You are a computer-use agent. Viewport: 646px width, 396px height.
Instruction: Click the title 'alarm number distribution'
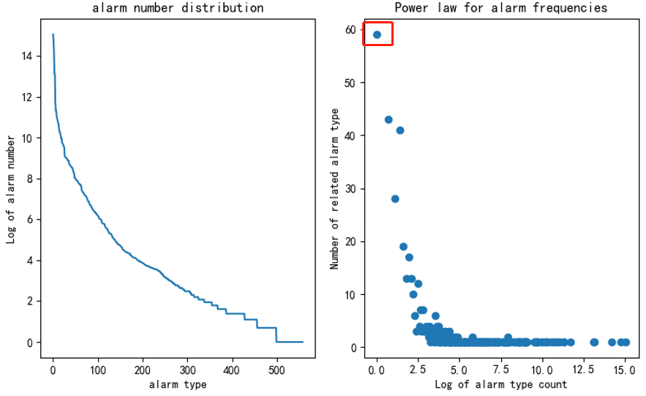[x=178, y=9]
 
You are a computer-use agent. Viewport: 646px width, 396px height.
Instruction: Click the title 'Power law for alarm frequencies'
[x=501, y=9]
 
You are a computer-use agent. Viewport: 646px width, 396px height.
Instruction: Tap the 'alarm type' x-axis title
[x=178, y=384]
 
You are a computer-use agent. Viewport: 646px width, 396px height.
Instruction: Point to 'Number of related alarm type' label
[x=335, y=188]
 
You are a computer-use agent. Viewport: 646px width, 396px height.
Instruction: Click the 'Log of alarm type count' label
[x=501, y=384]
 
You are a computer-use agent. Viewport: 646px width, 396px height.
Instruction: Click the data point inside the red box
[x=377, y=34]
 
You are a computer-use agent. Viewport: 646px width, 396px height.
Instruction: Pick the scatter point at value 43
[x=388, y=119]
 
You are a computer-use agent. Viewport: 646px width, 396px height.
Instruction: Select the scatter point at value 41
[x=400, y=130]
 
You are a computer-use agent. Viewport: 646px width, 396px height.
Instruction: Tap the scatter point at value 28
[x=395, y=199]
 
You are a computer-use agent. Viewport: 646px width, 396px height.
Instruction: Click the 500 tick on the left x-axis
[x=277, y=370]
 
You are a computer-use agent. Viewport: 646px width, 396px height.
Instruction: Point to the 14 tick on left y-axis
[x=28, y=56]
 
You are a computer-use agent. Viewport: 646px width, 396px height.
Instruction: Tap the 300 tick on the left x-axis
[x=187, y=370]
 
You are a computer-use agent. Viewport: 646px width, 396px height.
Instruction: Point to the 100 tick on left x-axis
[x=97, y=370]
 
